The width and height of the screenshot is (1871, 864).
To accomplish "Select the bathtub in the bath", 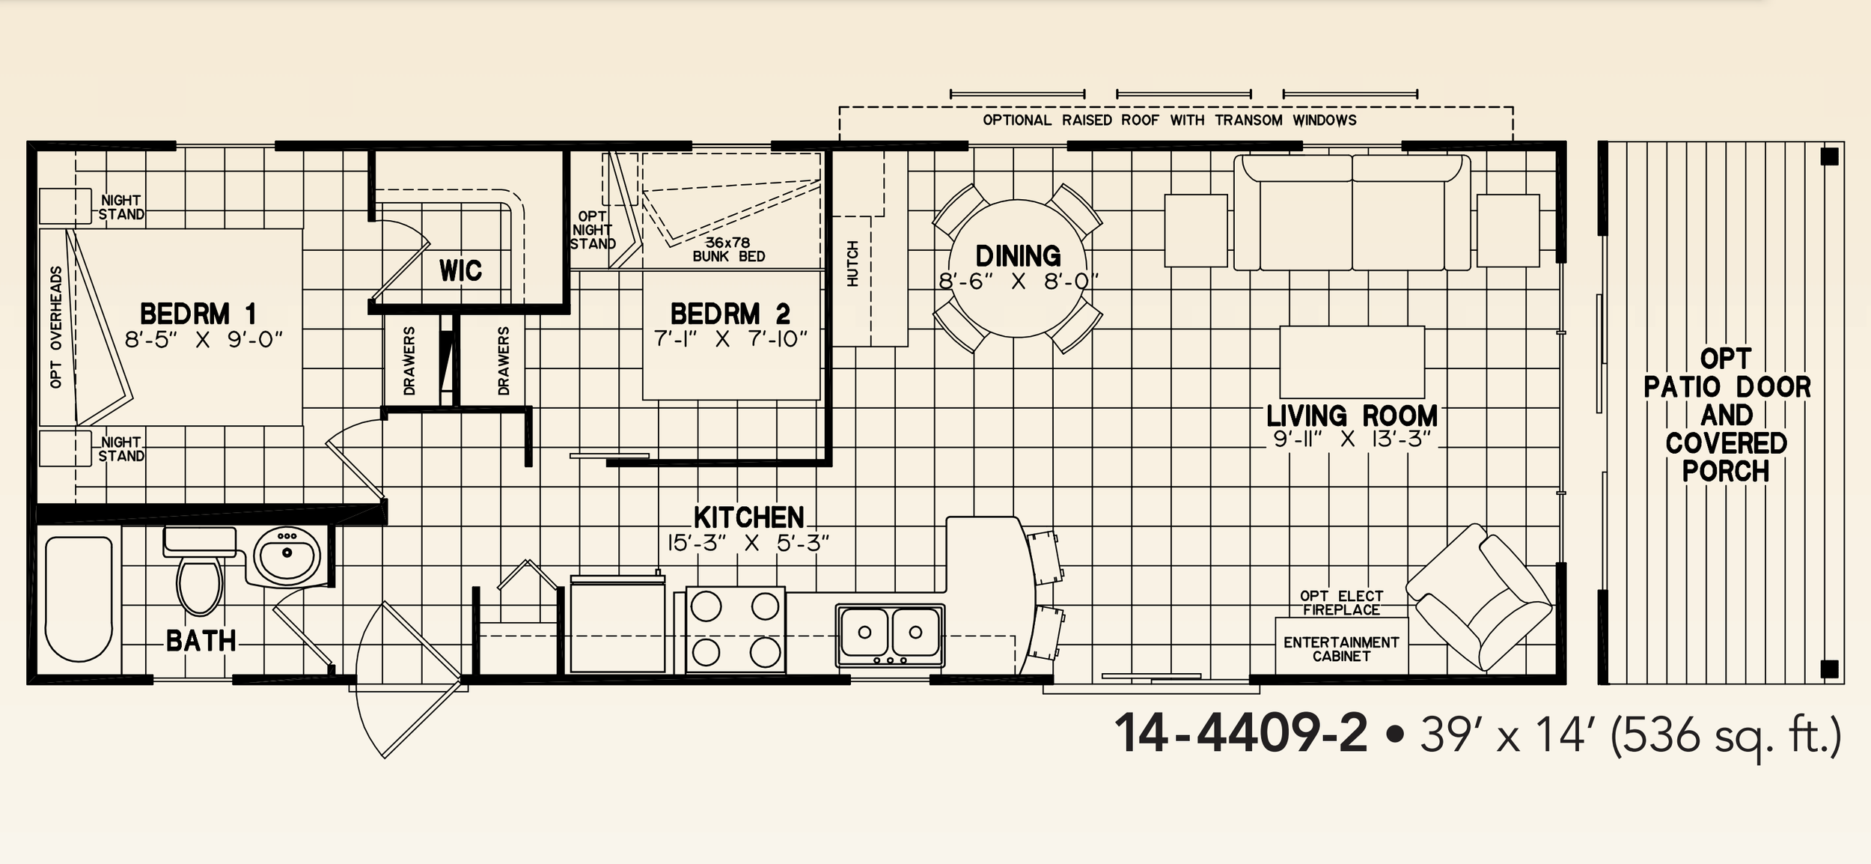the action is click(x=79, y=599).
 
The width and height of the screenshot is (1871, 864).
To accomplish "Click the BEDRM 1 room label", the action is click(x=198, y=313).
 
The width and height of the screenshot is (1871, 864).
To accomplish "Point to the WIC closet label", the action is click(x=460, y=270).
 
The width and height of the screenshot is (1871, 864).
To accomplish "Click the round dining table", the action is click(x=1017, y=269).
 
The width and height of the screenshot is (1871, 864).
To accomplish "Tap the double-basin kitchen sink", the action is click(x=890, y=636).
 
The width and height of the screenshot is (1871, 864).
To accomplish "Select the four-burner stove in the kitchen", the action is click(x=736, y=630).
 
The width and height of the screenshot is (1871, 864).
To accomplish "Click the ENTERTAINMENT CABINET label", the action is click(x=1341, y=649).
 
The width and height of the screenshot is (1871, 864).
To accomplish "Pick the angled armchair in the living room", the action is click(x=1478, y=598).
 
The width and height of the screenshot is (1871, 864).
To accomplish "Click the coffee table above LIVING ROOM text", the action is click(x=1352, y=362).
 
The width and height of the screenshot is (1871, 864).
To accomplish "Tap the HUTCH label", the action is click(x=852, y=264).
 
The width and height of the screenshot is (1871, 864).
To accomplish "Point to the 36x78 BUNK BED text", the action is click(x=728, y=249).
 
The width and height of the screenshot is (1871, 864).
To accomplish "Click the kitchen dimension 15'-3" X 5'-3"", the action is click(x=748, y=543).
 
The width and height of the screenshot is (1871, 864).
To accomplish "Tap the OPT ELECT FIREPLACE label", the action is click(x=1341, y=603).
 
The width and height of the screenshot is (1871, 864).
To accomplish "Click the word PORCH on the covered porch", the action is click(x=1726, y=472).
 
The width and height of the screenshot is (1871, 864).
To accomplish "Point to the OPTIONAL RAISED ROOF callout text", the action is click(x=1169, y=120).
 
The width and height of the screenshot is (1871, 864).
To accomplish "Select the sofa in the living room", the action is click(x=1352, y=212).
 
